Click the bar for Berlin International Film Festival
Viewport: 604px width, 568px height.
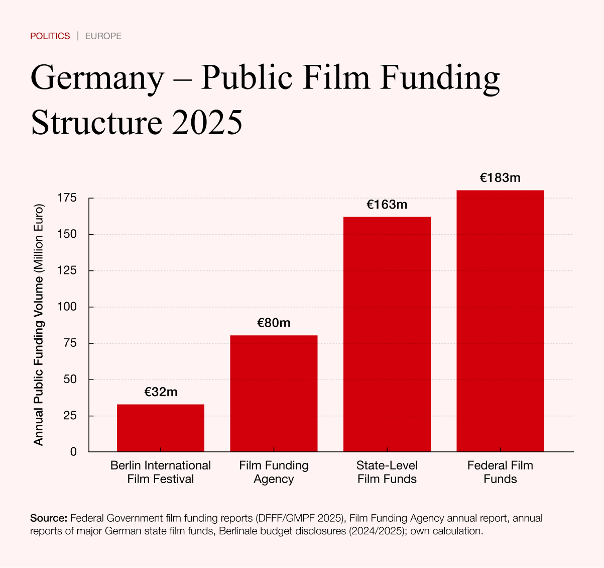(x=161, y=428)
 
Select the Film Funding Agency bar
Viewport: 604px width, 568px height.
(x=274, y=393)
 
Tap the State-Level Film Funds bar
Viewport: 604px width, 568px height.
(x=387, y=334)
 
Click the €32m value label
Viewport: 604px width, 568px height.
(x=161, y=392)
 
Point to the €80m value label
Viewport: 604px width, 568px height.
(x=274, y=323)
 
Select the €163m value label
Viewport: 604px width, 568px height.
(x=387, y=205)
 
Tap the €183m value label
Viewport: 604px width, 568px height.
(x=500, y=177)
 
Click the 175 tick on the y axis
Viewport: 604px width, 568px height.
(x=67, y=198)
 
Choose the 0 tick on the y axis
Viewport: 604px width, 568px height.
(x=73, y=452)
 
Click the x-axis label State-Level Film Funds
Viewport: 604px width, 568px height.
(x=387, y=472)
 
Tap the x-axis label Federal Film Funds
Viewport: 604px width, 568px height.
(x=500, y=472)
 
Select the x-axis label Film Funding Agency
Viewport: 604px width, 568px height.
(x=274, y=472)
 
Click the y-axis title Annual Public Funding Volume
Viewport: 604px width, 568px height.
(x=39, y=324)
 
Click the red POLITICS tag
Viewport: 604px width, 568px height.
(x=50, y=36)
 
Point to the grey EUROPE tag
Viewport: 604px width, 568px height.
(x=103, y=36)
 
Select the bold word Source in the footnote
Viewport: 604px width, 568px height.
(x=49, y=518)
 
